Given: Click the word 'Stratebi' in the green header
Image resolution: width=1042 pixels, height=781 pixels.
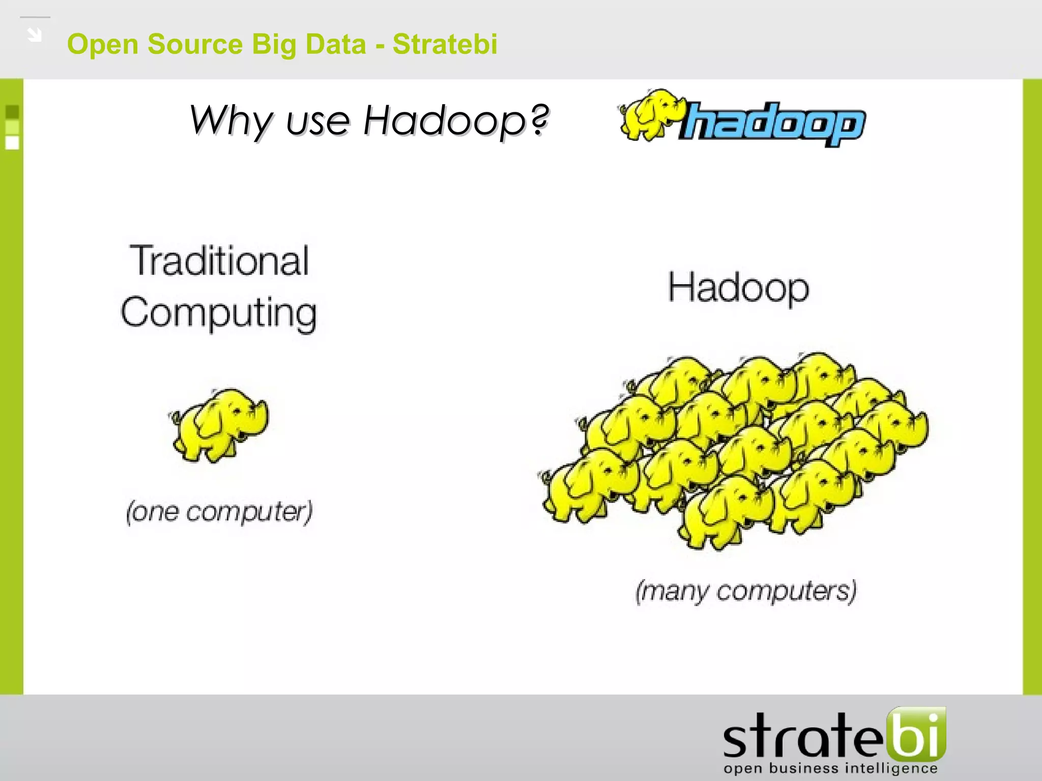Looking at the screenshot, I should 445,44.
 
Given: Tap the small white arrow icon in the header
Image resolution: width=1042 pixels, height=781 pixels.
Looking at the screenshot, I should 35,35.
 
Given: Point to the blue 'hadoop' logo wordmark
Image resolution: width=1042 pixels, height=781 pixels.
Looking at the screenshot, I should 773,124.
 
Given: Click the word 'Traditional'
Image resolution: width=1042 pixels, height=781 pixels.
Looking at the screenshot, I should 219,261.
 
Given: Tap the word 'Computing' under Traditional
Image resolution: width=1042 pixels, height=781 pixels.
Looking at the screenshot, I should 219,313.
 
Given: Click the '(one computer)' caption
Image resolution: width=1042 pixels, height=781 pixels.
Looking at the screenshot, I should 219,511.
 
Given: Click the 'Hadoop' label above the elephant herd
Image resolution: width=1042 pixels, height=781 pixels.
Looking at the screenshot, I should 738,288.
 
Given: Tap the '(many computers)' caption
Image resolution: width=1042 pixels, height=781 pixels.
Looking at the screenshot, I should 746,591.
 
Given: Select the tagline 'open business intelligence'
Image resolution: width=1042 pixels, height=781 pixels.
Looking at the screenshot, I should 830,768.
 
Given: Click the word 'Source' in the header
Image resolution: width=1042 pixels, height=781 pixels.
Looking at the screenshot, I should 195,44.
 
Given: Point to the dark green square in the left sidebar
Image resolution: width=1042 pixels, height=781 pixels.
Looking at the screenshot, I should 12,112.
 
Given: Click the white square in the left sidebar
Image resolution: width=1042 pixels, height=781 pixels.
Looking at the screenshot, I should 12,143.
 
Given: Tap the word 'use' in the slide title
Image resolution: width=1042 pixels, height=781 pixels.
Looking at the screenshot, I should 317,122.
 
